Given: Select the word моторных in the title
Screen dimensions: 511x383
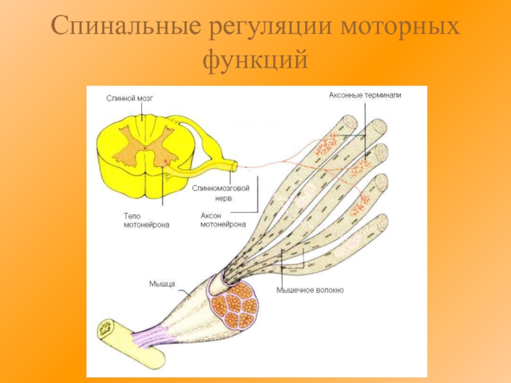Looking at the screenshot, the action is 399,28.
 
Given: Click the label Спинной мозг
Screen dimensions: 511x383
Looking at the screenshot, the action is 130,99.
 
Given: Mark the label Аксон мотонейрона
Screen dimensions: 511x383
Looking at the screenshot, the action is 223,220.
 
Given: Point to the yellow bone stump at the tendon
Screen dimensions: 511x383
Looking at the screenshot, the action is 105,329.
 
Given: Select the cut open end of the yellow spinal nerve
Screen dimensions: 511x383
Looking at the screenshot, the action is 234,166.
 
